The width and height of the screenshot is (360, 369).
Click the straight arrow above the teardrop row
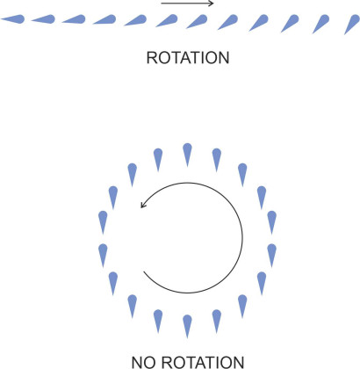[187, 4]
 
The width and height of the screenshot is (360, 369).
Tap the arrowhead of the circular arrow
[142, 205]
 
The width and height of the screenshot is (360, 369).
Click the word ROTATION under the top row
[188, 58]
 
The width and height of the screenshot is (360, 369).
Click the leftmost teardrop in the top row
[13, 19]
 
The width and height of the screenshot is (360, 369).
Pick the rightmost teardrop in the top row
[352, 24]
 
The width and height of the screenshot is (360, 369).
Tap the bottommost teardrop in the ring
[187, 326]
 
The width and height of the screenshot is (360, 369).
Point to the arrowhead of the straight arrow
[212, 4]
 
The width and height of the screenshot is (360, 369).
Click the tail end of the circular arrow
[143, 271]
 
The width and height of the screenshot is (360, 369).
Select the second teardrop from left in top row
[43, 19]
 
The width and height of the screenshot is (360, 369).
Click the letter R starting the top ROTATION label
[151, 58]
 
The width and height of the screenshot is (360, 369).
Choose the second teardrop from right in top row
[320, 24]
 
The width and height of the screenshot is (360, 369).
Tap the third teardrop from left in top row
[74, 19]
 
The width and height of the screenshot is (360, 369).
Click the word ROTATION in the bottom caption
[203, 362]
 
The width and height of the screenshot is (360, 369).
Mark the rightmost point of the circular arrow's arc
[242, 237]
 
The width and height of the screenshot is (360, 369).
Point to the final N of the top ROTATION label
[224, 58]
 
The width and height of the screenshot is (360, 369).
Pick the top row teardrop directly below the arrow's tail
[167, 21]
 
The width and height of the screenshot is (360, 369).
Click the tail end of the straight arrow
[162, 4]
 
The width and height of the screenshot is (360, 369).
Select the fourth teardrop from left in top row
[104, 19]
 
